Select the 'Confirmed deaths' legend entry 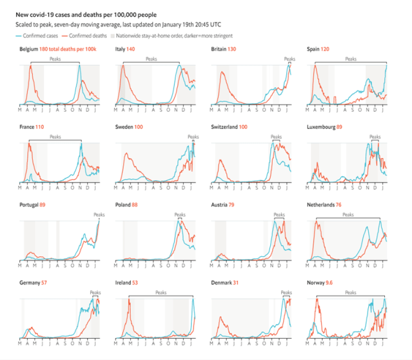87,35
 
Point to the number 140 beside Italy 130,49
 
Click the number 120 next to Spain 326,49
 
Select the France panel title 27,128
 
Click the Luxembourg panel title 322,128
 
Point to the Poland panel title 123,205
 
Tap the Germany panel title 29,283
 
